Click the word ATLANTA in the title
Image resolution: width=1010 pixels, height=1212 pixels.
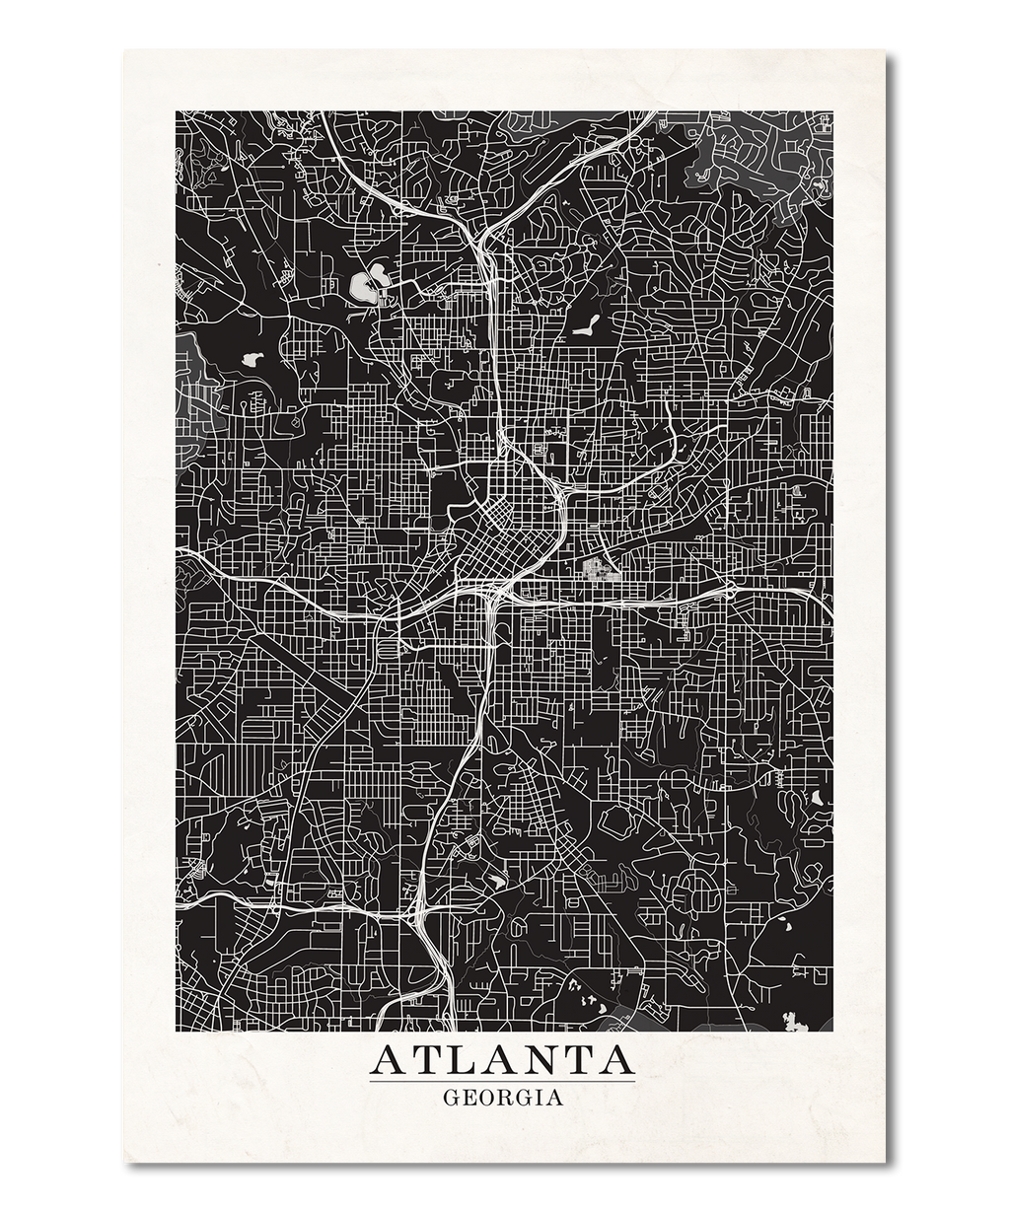502,1060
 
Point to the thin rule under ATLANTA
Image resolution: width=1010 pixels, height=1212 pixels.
502,1082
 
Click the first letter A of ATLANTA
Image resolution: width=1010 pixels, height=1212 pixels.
387,1060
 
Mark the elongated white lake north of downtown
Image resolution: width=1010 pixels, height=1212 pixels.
584,324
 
